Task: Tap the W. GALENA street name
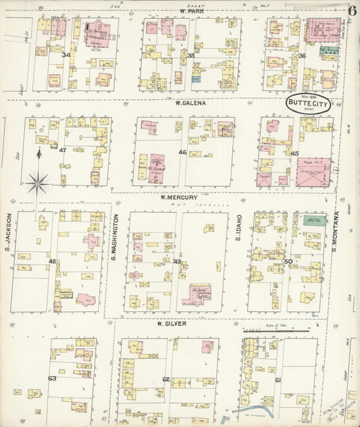190,103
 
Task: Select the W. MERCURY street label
177,197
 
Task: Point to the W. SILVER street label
171,324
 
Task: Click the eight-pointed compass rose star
38,180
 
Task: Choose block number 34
66,55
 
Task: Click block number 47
62,150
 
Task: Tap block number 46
182,153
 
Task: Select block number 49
177,261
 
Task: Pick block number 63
52,378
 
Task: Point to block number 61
278,380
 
